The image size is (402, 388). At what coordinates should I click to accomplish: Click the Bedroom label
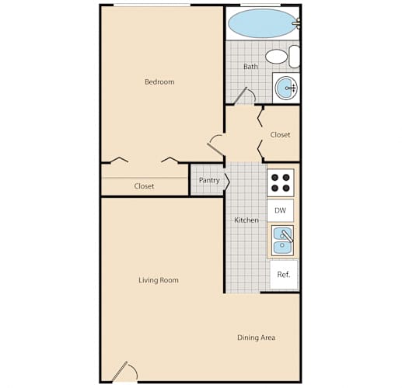click(159, 82)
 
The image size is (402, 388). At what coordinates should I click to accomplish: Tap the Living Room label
click(159, 280)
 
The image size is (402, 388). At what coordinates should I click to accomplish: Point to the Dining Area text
click(256, 338)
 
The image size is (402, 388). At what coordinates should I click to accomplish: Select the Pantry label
click(209, 180)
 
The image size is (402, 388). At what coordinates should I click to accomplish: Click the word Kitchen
click(246, 220)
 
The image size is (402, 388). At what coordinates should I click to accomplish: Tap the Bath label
click(250, 67)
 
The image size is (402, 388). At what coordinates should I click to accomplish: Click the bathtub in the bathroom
click(262, 23)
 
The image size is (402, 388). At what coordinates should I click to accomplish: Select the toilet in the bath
click(282, 57)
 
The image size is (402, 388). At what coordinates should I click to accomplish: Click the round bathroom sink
click(285, 88)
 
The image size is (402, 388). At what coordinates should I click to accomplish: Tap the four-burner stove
click(281, 182)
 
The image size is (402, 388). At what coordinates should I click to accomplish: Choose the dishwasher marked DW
click(281, 210)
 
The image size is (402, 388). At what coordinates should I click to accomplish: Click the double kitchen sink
click(282, 241)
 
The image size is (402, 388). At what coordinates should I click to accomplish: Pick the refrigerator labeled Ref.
click(284, 275)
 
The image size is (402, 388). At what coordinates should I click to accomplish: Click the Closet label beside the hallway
click(280, 135)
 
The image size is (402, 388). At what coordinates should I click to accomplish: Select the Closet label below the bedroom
click(144, 186)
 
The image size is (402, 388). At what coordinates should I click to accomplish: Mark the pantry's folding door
click(227, 182)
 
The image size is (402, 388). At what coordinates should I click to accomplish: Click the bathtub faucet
click(297, 23)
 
